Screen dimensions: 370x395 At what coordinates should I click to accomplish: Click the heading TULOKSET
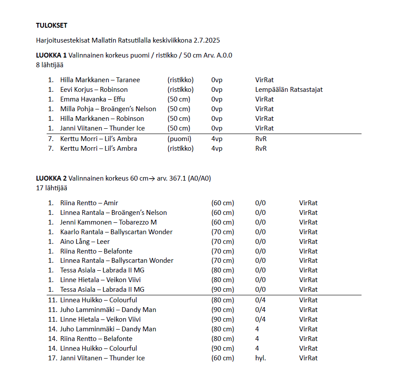[x=52, y=25]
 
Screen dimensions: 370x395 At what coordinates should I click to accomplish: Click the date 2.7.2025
[x=207, y=40]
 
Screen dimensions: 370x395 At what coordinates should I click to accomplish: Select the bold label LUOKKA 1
[x=51, y=55]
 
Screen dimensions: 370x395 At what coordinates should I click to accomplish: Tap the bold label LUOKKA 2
[x=51, y=178]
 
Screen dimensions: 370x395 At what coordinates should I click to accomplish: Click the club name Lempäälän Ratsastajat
[x=288, y=90]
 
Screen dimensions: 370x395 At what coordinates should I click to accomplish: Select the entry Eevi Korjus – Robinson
[x=94, y=90]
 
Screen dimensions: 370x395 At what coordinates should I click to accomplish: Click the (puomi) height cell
[x=179, y=139]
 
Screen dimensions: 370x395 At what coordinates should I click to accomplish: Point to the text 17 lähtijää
[x=52, y=188]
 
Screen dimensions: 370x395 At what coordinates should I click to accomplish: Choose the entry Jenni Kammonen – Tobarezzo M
[x=108, y=222]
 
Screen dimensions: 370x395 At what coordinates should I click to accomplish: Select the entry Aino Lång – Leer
[x=85, y=242]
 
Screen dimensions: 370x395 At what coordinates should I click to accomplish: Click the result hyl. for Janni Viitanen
[x=260, y=358]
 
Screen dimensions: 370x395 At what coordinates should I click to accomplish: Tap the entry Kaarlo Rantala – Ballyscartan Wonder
[x=116, y=232]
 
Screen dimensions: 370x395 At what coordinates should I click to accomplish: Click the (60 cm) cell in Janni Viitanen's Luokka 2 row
[x=222, y=358]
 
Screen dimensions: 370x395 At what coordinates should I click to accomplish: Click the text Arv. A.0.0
[x=218, y=55]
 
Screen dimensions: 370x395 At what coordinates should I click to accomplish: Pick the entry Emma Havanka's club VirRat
[x=264, y=99]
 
